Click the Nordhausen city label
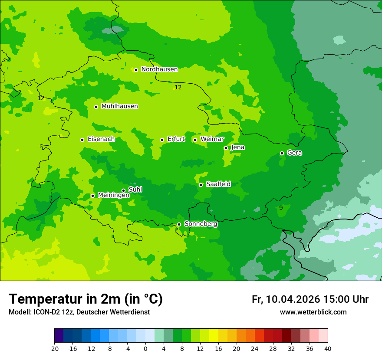coord(159,69)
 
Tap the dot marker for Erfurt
coord(162,140)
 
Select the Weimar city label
coord(212,139)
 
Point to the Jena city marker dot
coord(226,148)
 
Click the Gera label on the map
coord(294,153)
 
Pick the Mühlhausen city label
coord(119,106)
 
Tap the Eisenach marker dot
coord(82,140)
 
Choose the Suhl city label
coord(135,190)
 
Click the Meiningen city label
coord(113,195)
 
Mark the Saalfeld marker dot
coord(201,185)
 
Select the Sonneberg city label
coord(201,224)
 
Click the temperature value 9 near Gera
coord(281,208)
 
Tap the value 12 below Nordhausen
coord(178,87)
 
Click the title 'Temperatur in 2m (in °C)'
coord(86,299)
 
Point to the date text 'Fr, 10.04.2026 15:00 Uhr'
coord(310,299)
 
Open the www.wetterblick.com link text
coord(313,312)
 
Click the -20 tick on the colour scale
coord(54,348)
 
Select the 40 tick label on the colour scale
coord(327,348)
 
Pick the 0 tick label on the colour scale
coord(145,348)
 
